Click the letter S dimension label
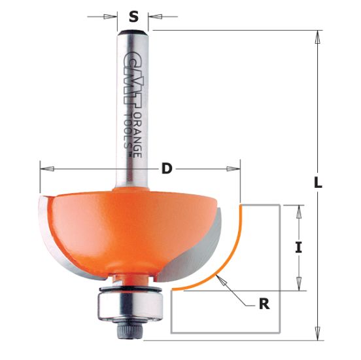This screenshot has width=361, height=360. coord(133,17)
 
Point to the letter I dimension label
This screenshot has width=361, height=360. coord(298,247)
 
